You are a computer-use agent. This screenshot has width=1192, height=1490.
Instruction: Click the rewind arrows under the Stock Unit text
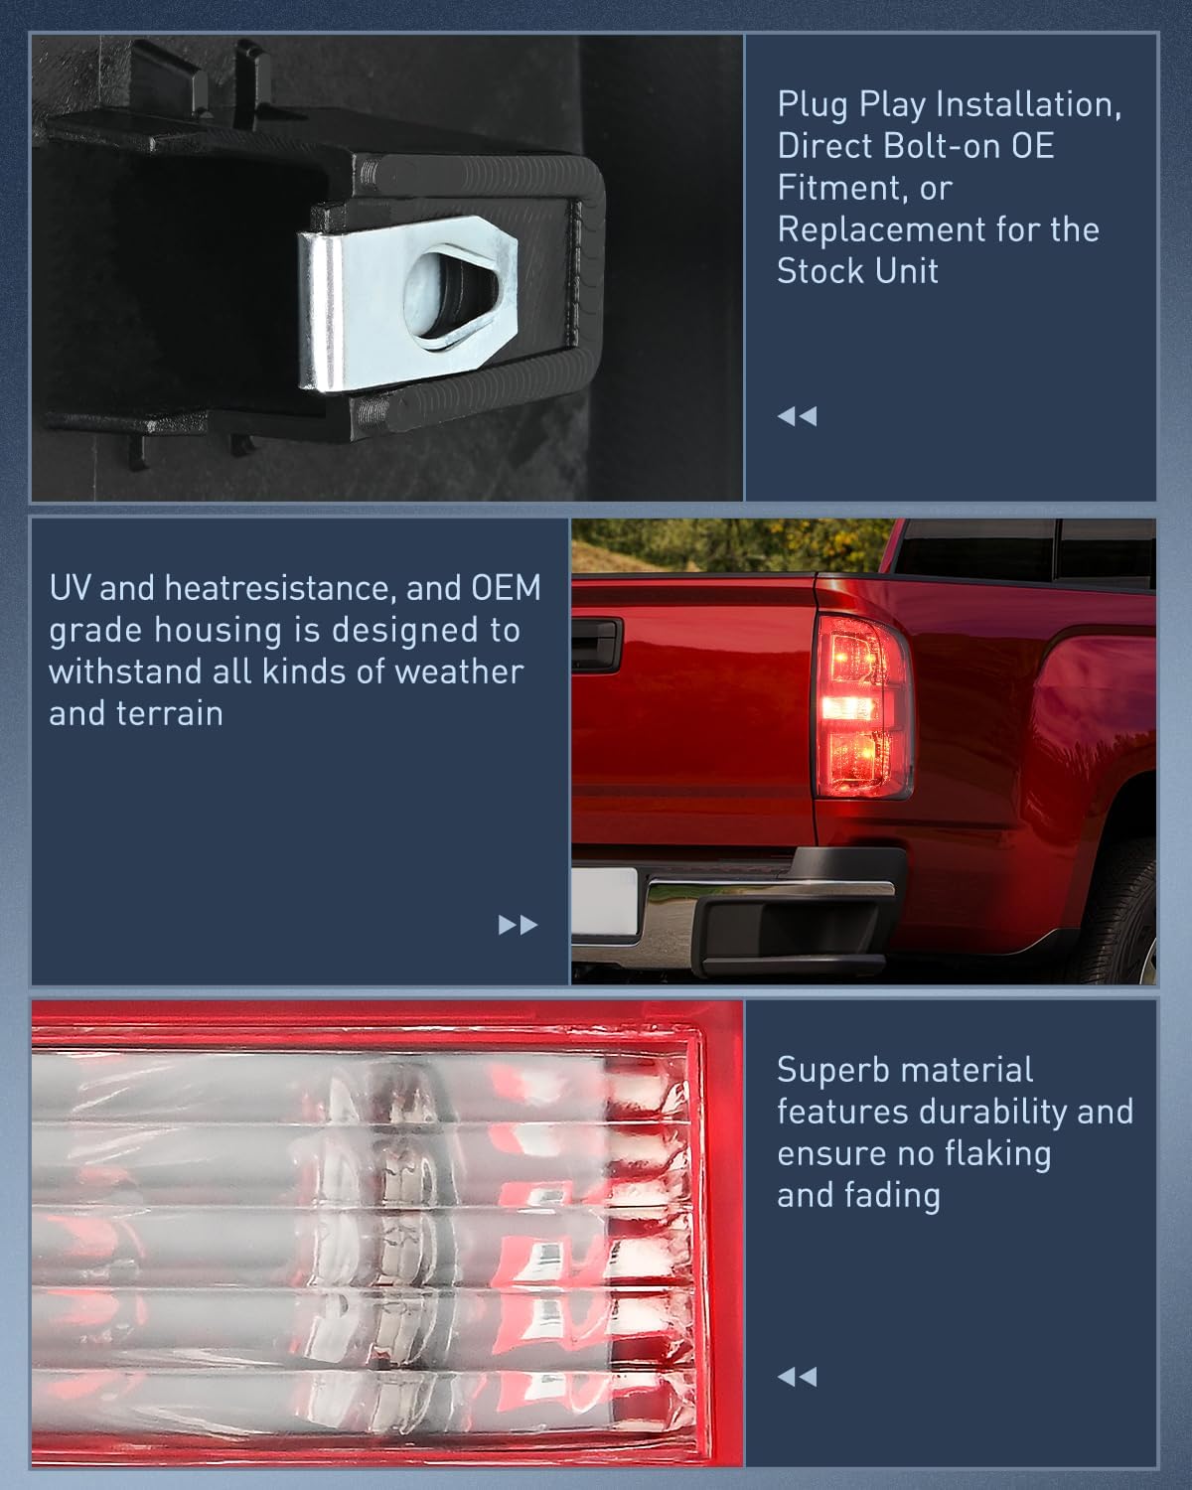797,416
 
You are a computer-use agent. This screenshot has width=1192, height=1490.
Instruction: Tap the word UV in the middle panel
71,588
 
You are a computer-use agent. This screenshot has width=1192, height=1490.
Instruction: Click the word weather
458,671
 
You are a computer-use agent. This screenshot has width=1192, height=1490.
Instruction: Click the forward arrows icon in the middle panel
518,925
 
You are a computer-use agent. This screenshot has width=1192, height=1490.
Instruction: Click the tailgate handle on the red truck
596,645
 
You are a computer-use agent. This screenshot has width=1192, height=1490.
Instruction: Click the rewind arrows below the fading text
797,1377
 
